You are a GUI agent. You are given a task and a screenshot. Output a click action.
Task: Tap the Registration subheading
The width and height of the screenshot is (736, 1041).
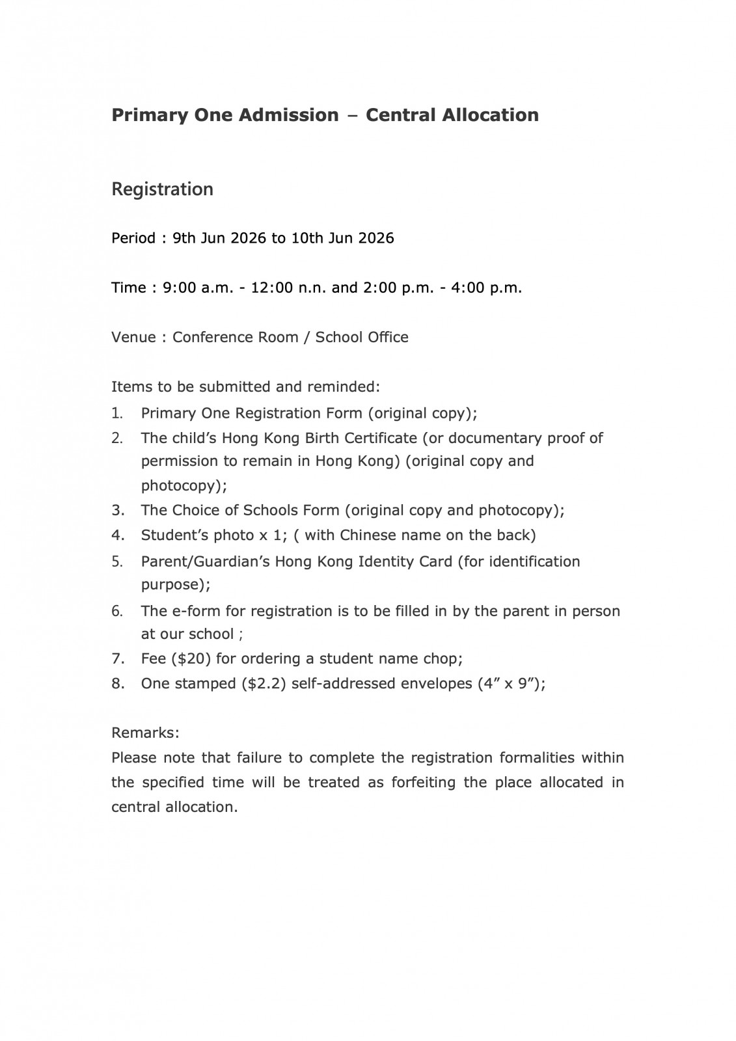tap(162, 189)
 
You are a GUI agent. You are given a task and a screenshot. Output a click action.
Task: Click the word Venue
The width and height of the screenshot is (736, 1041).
tap(133, 337)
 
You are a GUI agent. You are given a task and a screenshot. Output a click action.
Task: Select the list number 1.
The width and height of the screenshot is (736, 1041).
tap(117, 413)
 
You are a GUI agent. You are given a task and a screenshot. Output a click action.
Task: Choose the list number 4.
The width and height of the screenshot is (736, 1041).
tap(117, 535)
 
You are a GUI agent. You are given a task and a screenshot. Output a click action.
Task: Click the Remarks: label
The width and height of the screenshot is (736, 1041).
tap(145, 733)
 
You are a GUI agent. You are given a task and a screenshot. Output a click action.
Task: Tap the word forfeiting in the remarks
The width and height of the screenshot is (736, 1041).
tap(424, 782)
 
